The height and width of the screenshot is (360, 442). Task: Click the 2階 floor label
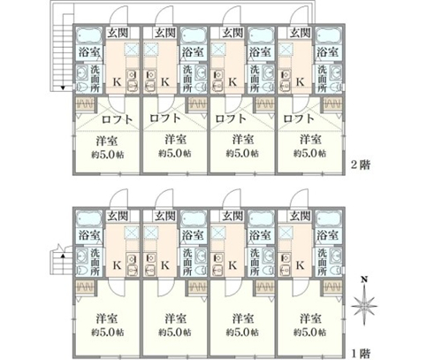click(360, 165)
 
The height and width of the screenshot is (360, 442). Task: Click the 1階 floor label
click(361, 353)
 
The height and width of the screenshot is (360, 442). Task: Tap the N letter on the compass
click(364, 279)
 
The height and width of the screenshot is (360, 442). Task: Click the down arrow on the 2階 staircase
click(63, 88)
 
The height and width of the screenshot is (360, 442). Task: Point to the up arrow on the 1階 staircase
click(63, 256)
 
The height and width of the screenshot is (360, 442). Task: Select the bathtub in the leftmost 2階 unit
click(89, 36)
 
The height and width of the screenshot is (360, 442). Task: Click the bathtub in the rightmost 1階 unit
click(329, 219)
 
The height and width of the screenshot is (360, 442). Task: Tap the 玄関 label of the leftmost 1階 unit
click(118, 217)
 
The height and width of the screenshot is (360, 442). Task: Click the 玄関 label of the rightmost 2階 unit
click(300, 33)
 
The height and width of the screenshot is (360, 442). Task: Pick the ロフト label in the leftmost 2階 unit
click(117, 119)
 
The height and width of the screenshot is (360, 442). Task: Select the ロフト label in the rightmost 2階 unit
click(299, 119)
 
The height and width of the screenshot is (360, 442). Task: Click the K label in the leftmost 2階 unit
click(118, 82)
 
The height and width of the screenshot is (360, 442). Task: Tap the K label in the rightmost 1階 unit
click(300, 265)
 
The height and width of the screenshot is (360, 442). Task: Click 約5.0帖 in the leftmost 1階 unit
click(107, 333)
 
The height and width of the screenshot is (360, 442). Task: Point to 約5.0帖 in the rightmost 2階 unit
click(309, 153)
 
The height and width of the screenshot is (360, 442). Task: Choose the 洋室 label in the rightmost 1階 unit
click(310, 318)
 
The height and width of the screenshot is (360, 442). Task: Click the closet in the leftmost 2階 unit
click(86, 104)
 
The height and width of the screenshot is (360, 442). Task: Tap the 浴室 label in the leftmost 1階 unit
click(89, 235)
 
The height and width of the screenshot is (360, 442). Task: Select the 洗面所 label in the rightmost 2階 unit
click(322, 79)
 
